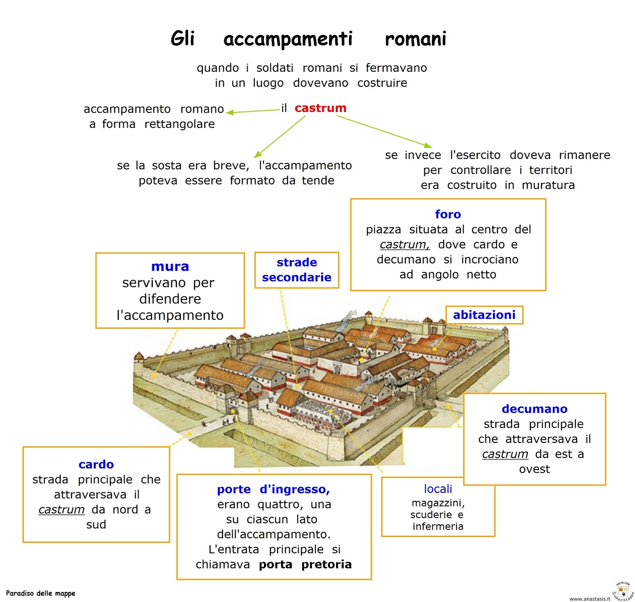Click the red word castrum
(x=320, y=108)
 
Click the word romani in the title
(x=416, y=39)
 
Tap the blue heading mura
(x=170, y=266)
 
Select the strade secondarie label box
(x=296, y=270)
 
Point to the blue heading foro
(x=448, y=214)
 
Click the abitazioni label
(x=484, y=315)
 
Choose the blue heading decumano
(x=534, y=409)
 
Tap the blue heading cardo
(x=96, y=464)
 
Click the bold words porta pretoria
(x=305, y=564)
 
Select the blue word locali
(x=438, y=489)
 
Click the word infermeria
(x=438, y=526)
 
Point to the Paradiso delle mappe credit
(x=40, y=593)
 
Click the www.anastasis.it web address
(x=589, y=598)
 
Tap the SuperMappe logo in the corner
(x=623, y=591)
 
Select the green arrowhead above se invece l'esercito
(x=428, y=146)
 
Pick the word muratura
(x=548, y=185)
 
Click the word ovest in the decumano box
(x=534, y=469)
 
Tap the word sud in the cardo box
(x=96, y=525)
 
